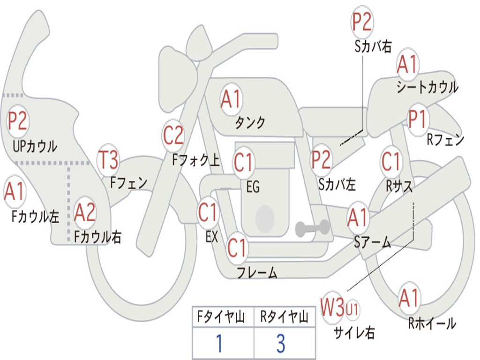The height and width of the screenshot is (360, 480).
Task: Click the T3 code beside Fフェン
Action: (x=108, y=159)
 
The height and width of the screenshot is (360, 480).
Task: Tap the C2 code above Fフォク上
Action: (x=173, y=135)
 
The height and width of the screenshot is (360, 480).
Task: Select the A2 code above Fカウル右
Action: (x=85, y=212)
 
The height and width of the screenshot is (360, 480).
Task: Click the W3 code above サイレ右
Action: (x=332, y=307)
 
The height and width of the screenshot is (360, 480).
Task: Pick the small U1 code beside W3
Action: (x=352, y=309)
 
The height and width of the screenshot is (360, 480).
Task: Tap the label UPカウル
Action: (x=35, y=146)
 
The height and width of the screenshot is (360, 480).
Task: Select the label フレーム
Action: (x=257, y=272)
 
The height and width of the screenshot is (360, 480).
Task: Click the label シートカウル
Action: (x=427, y=87)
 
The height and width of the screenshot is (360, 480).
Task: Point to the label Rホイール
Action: (x=432, y=323)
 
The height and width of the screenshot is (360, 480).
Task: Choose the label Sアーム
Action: (x=373, y=242)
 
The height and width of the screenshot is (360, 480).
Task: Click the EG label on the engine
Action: (x=253, y=187)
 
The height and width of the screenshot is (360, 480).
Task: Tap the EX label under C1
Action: (x=212, y=237)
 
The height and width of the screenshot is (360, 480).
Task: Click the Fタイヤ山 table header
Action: (x=221, y=316)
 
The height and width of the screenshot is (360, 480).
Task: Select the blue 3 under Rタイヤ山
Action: (x=281, y=343)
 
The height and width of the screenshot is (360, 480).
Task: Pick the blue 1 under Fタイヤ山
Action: (x=219, y=343)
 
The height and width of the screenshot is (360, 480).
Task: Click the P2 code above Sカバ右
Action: (x=361, y=22)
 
